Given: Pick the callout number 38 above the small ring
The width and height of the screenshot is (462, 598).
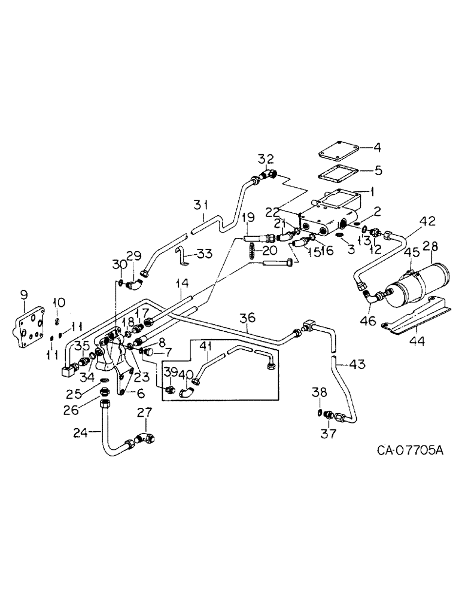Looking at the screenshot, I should (321, 393).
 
